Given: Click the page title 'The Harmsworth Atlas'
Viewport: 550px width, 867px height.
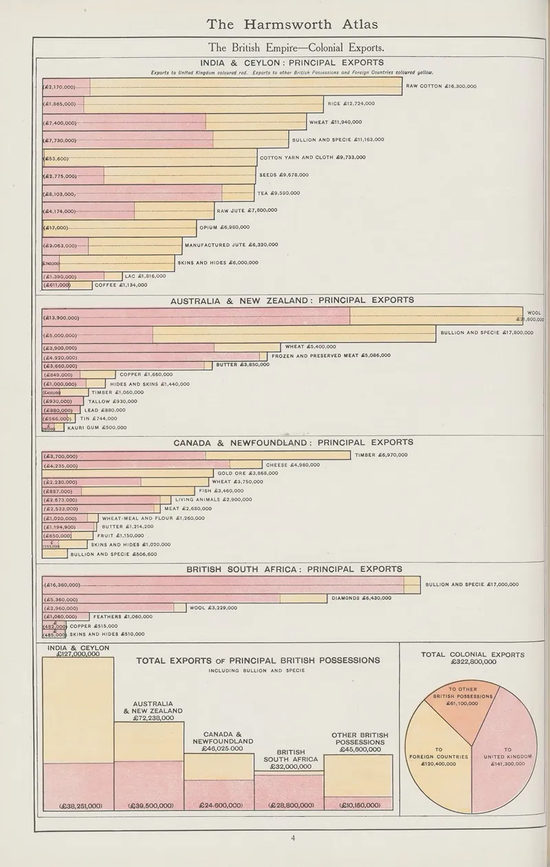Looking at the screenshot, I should pos(292,25).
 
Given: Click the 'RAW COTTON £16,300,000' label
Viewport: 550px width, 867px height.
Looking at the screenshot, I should pos(441,87).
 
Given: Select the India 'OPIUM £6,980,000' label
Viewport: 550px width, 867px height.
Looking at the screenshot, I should pos(225,227).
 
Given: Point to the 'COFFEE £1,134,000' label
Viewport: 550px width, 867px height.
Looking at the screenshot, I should pos(120,284).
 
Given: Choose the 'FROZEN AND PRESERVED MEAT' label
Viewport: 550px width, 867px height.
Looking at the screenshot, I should pos(331,356).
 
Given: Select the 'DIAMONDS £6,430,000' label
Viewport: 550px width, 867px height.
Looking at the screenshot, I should pos(361,598).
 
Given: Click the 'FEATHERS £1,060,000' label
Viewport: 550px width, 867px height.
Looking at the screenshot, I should pos(122,617).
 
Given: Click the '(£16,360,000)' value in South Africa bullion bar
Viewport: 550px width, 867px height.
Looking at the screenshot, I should pos(62,585).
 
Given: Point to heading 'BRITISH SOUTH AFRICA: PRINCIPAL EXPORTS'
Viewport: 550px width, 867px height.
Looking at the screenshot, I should pos(294,569).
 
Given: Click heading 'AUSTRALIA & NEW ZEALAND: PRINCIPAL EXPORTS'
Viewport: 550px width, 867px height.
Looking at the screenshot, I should pos(292,300).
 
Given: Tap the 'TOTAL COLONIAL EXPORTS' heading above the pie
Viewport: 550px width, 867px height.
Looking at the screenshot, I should pos(472,658).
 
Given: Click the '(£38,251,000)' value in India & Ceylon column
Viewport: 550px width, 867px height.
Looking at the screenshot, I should pos(78,805).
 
